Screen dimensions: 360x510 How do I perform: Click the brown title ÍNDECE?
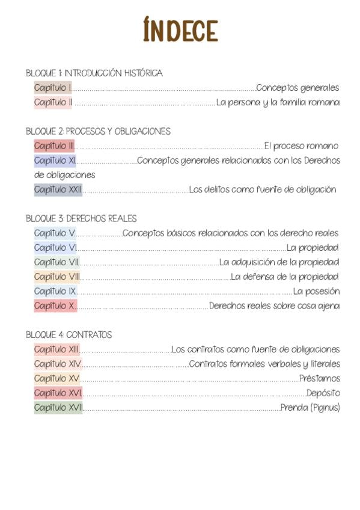pos(181,29)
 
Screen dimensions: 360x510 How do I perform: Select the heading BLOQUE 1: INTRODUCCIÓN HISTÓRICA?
pos(94,73)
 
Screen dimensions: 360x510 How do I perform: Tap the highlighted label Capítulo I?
pos(53,88)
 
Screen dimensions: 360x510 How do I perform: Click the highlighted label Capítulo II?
pos(53,102)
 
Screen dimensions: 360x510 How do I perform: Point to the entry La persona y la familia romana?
pos(278,102)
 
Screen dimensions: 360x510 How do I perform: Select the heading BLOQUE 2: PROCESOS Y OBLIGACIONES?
pos(98,131)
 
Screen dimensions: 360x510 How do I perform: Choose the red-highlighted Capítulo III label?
pos(54,146)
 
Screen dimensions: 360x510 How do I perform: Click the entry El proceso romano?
pos(301,146)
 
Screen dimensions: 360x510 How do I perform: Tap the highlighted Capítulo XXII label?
pos(58,189)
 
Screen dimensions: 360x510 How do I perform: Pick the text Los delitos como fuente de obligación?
pos(263,189)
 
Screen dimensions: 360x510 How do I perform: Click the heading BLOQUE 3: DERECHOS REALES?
pos(81,218)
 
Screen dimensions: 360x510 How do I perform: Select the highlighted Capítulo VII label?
pos(56,262)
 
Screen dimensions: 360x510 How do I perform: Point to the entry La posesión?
pos(316,291)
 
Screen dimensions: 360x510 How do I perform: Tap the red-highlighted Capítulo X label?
pos(55,306)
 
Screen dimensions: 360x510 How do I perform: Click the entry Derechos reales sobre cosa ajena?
pos(274,306)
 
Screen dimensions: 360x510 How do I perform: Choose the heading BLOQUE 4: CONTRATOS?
pos(69,334)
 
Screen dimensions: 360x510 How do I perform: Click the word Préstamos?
pos(319,378)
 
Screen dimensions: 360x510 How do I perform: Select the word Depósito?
pos(323,393)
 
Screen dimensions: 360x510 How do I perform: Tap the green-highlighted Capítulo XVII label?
pos(58,408)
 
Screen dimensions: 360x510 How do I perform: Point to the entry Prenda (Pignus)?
pos(310,408)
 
